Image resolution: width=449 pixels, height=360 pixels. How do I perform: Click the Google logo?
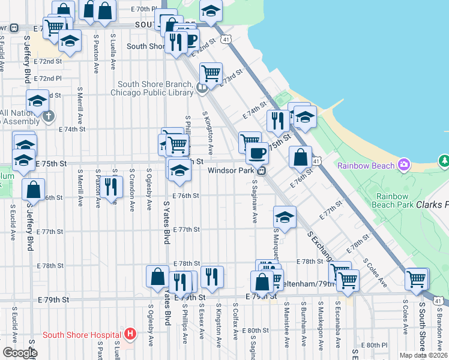pyautogui.click(x=19, y=352)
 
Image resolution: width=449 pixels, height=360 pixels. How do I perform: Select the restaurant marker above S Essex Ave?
pyautogui.click(x=211, y=276)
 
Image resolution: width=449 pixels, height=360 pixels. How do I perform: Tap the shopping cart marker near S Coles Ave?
pyautogui.click(x=417, y=278)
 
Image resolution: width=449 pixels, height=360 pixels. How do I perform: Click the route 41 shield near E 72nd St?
pyautogui.click(x=225, y=39)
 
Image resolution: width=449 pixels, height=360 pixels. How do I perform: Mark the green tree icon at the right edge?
pyautogui.click(x=444, y=161)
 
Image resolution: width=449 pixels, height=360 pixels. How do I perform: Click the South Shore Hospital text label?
pyautogui.click(x=82, y=334)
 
